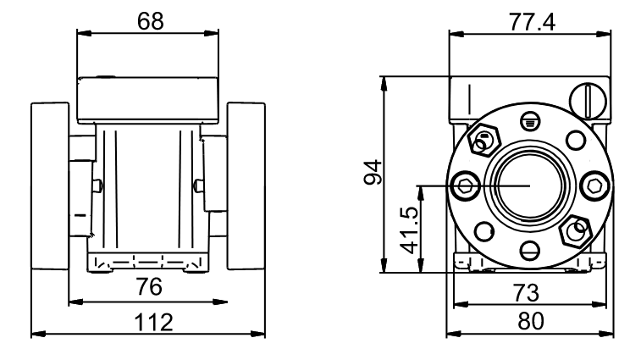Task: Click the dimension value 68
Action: (x=151, y=21)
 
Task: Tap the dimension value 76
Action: (x=149, y=287)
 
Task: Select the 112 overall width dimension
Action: (x=154, y=323)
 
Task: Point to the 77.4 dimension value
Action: (x=533, y=22)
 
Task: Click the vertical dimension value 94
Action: (x=373, y=173)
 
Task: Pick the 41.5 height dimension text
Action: (x=410, y=230)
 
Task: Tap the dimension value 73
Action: (x=526, y=292)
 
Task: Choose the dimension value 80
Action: (x=531, y=322)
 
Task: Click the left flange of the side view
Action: (x=50, y=186)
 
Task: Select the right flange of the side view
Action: (x=246, y=186)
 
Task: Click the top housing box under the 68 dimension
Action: (x=147, y=100)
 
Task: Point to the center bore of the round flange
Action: (x=530, y=186)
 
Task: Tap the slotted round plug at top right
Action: (x=588, y=101)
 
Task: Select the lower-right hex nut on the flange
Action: (x=577, y=230)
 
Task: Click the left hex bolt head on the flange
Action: (x=465, y=186)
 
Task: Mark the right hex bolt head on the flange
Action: (x=594, y=186)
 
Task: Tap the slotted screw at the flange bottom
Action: (x=530, y=250)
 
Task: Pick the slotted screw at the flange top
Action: (x=530, y=121)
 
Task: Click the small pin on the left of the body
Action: (x=98, y=186)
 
